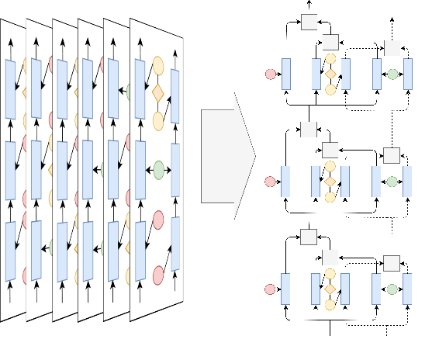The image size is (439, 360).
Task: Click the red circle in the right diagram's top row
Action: (x=271, y=74)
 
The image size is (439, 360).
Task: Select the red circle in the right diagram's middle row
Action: (x=271, y=182)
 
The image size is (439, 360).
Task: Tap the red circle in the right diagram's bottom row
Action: (x=271, y=289)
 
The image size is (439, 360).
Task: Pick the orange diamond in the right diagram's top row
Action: (x=330, y=74)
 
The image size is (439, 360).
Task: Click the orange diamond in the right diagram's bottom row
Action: (x=330, y=289)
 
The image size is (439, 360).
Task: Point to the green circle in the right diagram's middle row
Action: (x=392, y=182)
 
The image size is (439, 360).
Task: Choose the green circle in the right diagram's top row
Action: (x=392, y=74)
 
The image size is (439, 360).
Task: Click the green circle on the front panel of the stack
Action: (x=159, y=168)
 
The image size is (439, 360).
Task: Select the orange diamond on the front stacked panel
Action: (x=158, y=93)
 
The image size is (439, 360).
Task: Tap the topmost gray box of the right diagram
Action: (x=309, y=22)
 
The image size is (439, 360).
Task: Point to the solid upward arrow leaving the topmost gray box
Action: (x=309, y=7)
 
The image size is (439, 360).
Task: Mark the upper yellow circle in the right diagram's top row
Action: (x=330, y=58)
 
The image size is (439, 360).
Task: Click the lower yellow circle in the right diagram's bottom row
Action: (x=330, y=304)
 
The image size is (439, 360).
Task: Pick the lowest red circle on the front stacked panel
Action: (x=159, y=275)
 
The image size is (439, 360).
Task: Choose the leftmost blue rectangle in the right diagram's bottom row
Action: (x=285, y=289)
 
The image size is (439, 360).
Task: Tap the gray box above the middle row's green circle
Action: (x=392, y=156)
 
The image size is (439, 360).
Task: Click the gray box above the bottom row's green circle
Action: (x=392, y=262)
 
